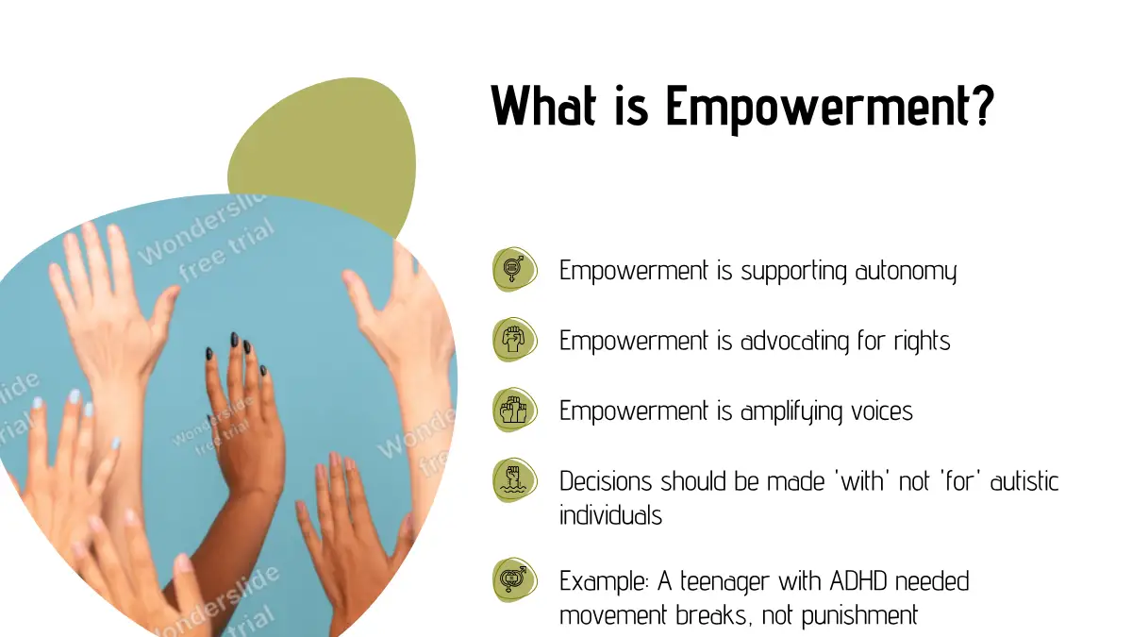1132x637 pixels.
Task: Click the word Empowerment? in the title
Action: (830, 108)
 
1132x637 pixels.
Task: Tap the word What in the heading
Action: (543, 105)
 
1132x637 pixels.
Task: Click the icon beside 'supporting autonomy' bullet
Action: (514, 269)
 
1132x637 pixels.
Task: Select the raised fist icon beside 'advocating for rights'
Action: (514, 339)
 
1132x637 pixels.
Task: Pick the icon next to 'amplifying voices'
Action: (514, 410)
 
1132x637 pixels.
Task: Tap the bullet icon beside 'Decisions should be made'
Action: (514, 479)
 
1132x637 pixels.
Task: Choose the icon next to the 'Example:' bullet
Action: (514, 579)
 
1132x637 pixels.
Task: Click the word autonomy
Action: (906, 272)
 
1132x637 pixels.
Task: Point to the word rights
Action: (922, 341)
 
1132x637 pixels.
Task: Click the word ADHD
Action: (858, 581)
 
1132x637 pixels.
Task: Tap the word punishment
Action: (859, 616)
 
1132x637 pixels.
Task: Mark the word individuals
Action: (610, 515)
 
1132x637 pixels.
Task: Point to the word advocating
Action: (794, 342)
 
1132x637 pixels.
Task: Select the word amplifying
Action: (791, 411)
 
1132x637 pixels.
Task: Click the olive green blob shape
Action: (324, 146)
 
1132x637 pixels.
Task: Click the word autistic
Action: (1024, 480)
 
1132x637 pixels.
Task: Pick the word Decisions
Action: (606, 480)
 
